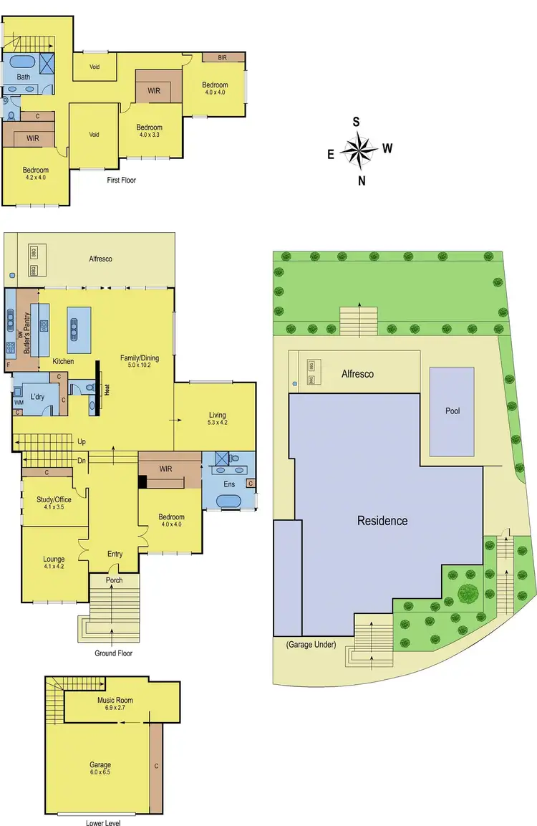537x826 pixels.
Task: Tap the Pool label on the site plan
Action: click(451, 411)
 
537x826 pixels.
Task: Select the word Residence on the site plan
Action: click(382, 521)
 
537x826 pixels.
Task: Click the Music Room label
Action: click(115, 700)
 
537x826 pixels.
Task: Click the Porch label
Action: click(114, 580)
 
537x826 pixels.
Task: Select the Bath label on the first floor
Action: click(24, 77)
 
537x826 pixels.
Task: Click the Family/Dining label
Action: click(140, 360)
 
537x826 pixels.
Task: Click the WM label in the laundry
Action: click(18, 403)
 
